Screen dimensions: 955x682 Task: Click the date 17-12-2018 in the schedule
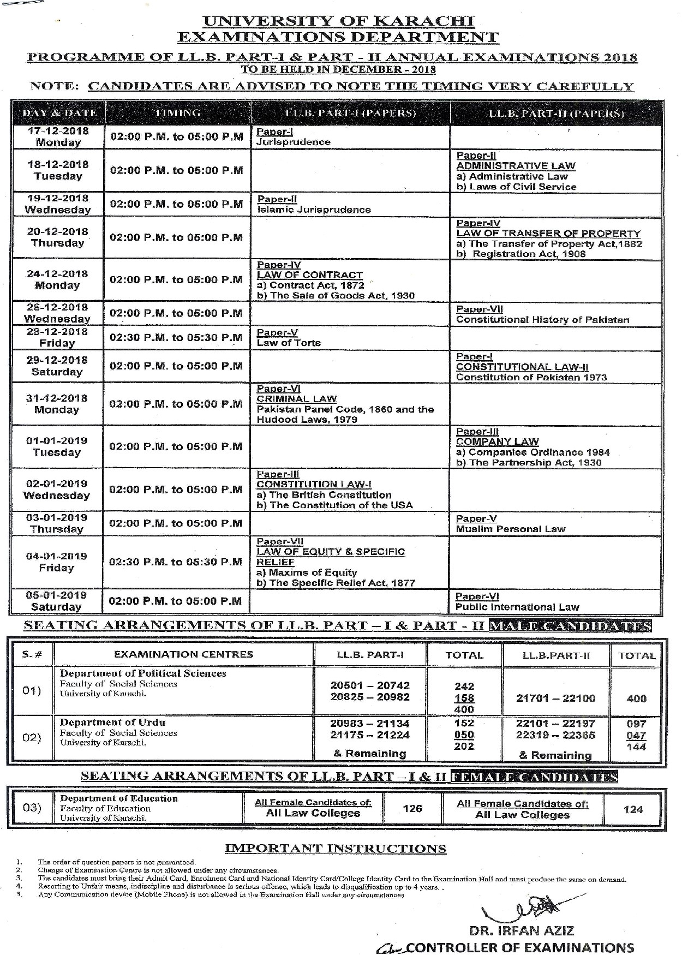pyautogui.click(x=57, y=131)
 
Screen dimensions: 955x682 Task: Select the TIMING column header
pyautogui.click(x=177, y=113)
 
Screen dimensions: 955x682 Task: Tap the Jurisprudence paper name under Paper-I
pyautogui.click(x=294, y=142)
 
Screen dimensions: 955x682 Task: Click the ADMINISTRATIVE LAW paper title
pyautogui.click(x=516, y=165)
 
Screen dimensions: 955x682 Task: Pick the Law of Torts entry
pyautogui.click(x=289, y=343)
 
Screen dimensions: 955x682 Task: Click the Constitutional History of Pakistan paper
pyautogui.click(x=542, y=320)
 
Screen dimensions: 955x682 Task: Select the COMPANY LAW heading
pyautogui.click(x=497, y=441)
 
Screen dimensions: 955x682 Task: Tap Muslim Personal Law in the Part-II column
pyautogui.click(x=511, y=529)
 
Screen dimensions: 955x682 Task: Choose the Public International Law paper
pyautogui.click(x=517, y=607)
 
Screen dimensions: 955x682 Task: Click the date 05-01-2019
pyautogui.click(x=57, y=595)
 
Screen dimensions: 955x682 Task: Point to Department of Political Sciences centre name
pyautogui.click(x=143, y=673)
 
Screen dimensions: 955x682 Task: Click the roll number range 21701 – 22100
pyautogui.click(x=555, y=698)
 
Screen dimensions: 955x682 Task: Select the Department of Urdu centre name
pyautogui.click(x=112, y=722)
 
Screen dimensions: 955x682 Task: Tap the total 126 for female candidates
pyautogui.click(x=412, y=808)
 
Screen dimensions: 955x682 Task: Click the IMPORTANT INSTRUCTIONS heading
pyautogui.click(x=336, y=848)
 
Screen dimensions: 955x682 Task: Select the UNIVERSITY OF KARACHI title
pyautogui.click(x=338, y=22)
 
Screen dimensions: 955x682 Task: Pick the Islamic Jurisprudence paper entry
pyautogui.click(x=314, y=210)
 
